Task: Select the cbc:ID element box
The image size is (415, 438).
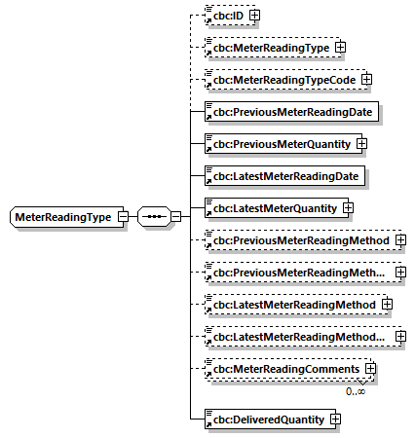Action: (x=224, y=15)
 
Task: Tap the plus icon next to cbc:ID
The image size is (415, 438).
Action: (x=255, y=15)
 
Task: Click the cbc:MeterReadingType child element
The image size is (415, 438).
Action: (x=267, y=47)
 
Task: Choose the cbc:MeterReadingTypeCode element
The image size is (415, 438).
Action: (x=281, y=79)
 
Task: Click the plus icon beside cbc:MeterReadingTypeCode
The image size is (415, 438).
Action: (x=367, y=79)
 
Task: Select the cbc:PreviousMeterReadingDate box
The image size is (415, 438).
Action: (x=291, y=111)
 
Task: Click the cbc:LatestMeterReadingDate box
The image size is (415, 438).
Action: (x=283, y=175)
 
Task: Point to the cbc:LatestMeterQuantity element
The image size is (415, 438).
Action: (x=270, y=207)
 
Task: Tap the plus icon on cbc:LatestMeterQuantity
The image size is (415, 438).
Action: (x=347, y=207)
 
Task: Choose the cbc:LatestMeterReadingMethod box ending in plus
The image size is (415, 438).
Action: (x=290, y=305)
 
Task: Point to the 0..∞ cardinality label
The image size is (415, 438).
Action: (x=356, y=391)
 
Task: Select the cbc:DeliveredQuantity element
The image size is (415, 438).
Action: (x=264, y=419)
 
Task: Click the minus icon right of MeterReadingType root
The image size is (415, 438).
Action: (x=125, y=216)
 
